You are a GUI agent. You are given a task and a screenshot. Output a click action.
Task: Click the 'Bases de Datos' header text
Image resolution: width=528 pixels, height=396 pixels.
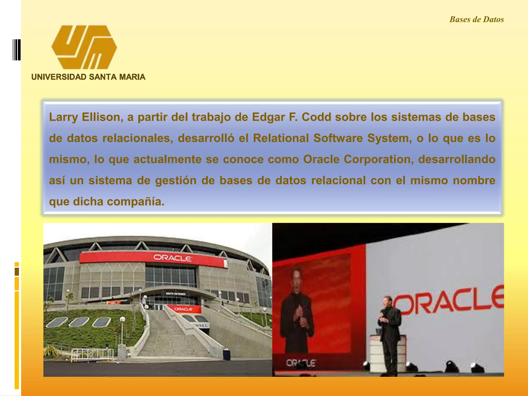click(x=476, y=20)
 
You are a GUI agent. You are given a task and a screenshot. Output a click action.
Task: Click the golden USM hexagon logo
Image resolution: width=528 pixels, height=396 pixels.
click(x=84, y=47)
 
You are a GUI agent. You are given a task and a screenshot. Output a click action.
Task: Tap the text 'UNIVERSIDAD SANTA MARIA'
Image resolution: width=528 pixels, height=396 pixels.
click(x=88, y=77)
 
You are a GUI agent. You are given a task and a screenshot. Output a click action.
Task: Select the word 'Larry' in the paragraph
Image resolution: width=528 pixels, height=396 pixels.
click(x=63, y=117)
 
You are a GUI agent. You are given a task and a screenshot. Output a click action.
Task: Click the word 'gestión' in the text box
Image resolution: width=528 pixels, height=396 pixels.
click(x=176, y=180)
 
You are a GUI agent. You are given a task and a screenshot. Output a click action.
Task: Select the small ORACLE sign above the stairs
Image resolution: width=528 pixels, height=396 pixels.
click(x=183, y=309)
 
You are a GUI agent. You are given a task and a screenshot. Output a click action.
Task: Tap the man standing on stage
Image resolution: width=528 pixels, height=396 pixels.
click(x=389, y=335)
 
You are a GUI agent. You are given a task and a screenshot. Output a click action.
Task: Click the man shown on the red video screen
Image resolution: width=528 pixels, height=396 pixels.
click(x=296, y=309)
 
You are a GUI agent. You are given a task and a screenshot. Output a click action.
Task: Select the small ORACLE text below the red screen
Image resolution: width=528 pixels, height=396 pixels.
click(x=301, y=363)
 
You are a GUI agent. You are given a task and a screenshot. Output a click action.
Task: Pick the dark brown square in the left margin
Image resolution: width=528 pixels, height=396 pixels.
click(x=17, y=272)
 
